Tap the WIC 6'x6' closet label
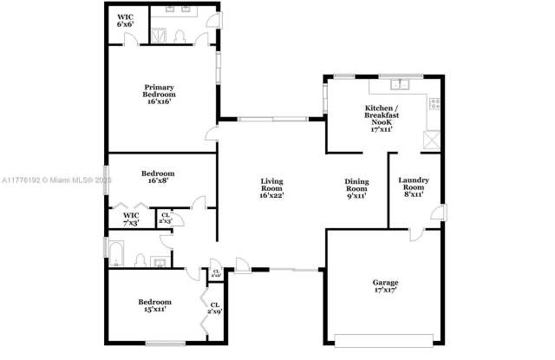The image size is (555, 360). tap(125, 20)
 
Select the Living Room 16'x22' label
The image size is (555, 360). tap(271, 187)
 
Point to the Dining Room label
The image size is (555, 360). tap(356, 187)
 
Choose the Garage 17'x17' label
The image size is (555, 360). tap(385, 287)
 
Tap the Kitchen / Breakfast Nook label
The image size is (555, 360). tap(382, 115)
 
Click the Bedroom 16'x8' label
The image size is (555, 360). tap(158, 177)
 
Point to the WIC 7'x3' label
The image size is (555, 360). tap(131, 218)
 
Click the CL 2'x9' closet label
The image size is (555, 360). tap(214, 307)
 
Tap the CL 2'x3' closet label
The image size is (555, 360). tap(166, 218)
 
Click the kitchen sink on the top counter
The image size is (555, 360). tap(400, 85)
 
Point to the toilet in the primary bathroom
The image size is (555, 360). tap(179, 36)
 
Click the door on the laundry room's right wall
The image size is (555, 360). tap(440, 213)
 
